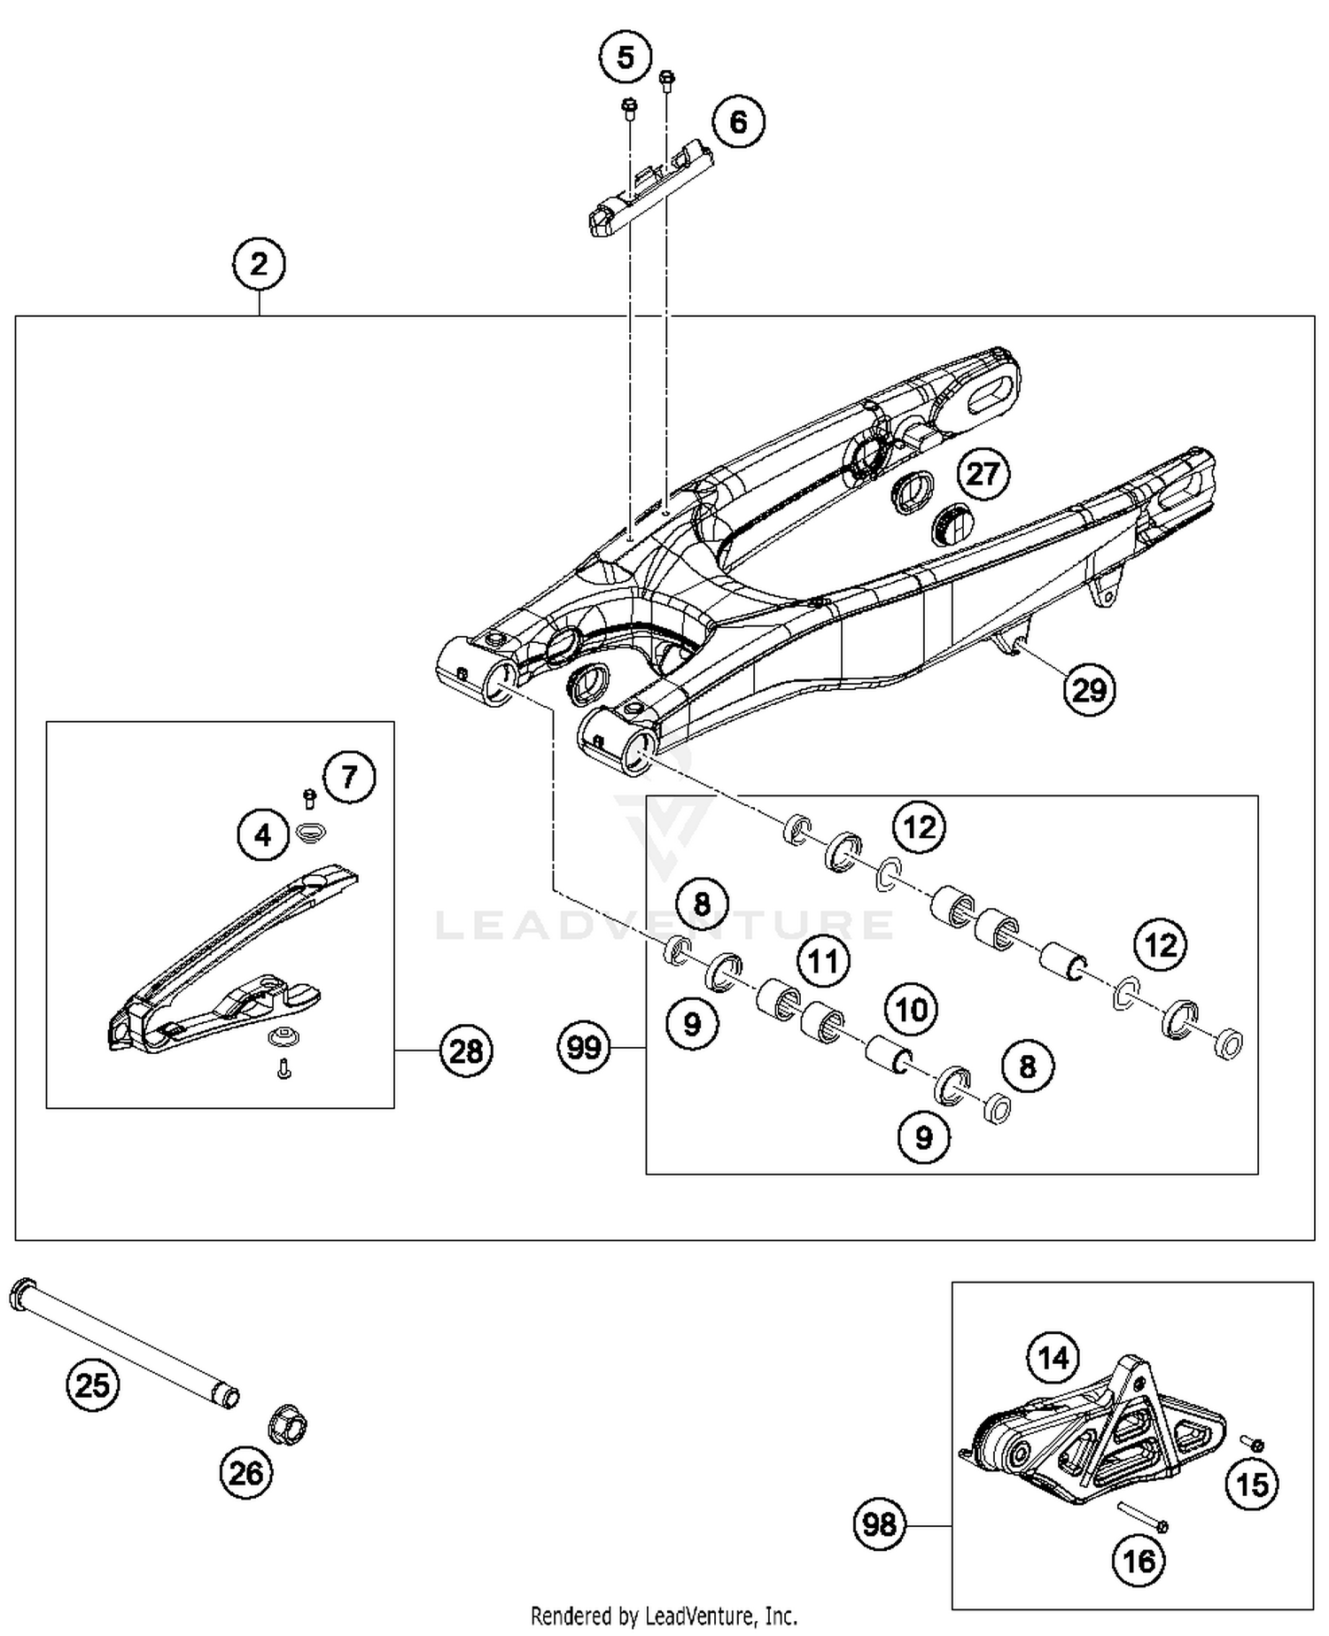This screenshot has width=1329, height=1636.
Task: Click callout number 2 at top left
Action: point(259,264)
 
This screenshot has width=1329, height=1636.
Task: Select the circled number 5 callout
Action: point(626,58)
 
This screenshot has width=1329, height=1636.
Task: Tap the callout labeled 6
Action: point(738,122)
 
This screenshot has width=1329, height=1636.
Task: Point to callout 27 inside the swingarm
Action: point(983,474)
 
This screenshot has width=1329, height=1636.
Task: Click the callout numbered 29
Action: point(1089,689)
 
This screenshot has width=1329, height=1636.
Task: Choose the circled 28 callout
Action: point(466,1051)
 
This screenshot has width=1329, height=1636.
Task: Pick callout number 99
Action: point(584,1048)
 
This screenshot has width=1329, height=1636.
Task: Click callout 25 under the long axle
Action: point(92,1384)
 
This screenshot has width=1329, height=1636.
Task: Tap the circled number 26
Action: point(246,1473)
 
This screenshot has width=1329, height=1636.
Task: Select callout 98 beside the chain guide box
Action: point(879,1524)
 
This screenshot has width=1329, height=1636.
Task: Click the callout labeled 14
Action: point(1053,1357)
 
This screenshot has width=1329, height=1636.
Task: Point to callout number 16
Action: point(1139,1560)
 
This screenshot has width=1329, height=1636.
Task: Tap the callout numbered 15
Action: point(1253,1484)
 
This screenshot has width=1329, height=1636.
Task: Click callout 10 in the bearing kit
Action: point(912,1010)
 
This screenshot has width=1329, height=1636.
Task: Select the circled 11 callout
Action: point(823,960)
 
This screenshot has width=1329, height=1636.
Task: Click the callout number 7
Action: point(348,777)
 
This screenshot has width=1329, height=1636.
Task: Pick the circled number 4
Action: point(263,834)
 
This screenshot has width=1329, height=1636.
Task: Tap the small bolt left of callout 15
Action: point(1253,1445)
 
